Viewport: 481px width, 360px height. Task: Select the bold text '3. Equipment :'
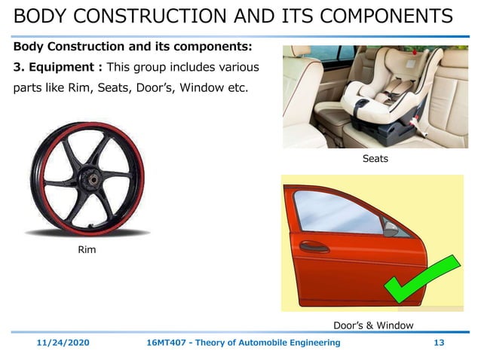[x=55, y=68]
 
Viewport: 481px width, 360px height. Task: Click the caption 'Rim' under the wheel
[x=87, y=249]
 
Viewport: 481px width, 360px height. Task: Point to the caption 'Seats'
[x=375, y=159]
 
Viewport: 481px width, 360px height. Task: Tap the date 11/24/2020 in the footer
[x=64, y=343]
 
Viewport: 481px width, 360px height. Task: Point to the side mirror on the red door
[x=392, y=225]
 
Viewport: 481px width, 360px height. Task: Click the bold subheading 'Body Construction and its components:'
[x=132, y=47]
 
